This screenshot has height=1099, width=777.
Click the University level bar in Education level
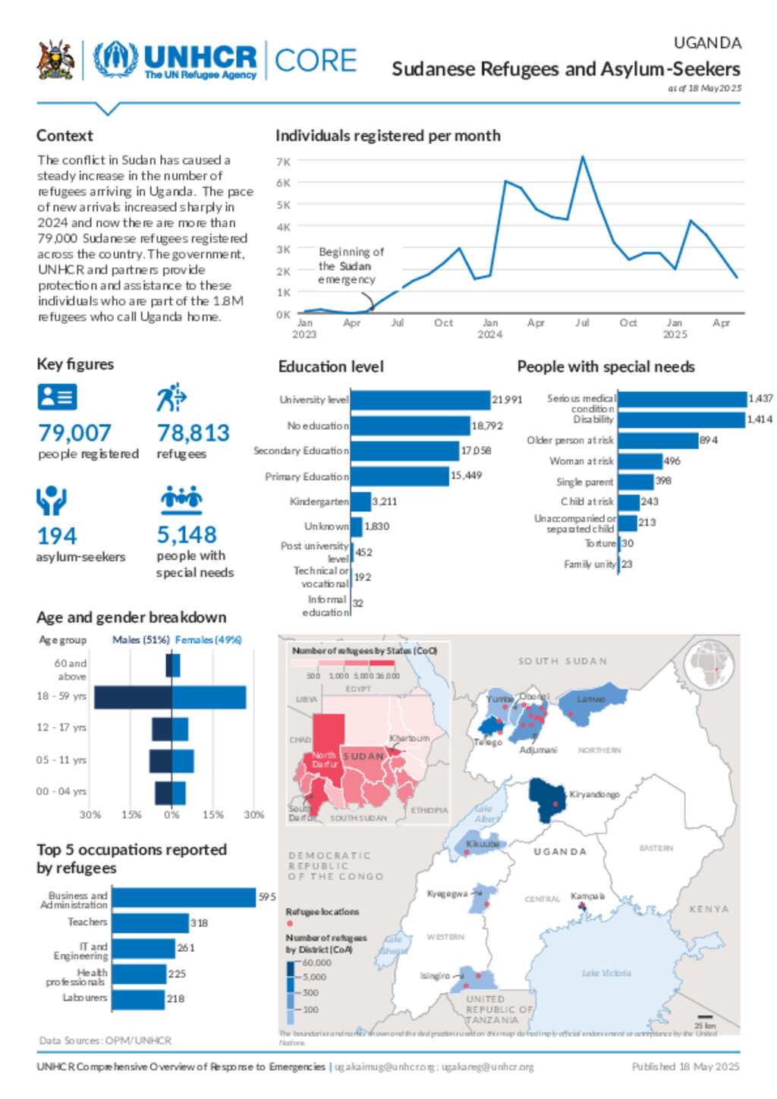click(420, 400)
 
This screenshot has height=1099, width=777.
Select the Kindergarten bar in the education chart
click(360, 501)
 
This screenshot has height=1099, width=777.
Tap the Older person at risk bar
click(658, 441)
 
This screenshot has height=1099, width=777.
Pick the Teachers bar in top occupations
click(150, 923)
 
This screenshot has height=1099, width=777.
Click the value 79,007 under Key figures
click(74, 433)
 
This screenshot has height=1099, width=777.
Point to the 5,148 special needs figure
click(187, 535)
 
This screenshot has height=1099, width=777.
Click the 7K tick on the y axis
click(284, 162)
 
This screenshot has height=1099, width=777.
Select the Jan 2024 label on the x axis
click(490, 328)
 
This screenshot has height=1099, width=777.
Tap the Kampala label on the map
click(587, 896)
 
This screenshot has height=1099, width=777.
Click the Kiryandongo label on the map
click(594, 794)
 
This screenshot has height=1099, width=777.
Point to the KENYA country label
click(709, 909)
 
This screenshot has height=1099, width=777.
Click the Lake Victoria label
click(606, 973)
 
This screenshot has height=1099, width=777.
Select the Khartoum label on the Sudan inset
click(409, 738)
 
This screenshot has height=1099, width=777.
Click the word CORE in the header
click(316, 61)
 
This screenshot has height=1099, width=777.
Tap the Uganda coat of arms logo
click(55, 61)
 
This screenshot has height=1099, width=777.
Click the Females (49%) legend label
click(208, 640)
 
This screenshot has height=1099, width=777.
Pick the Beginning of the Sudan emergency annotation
click(350, 265)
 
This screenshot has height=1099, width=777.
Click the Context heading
click(64, 136)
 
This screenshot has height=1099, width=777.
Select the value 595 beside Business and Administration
click(267, 897)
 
